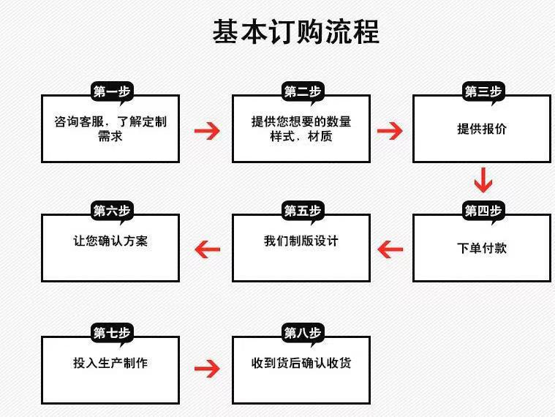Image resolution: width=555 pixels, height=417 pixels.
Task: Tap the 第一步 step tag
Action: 110,91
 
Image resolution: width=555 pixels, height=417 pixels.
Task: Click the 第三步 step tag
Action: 483,91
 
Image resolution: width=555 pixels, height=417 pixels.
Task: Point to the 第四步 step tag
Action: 483,211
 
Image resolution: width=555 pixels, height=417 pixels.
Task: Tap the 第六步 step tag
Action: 110,211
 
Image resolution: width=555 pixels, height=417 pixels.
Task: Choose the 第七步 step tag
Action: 110,333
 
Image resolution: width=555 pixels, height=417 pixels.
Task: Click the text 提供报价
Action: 482,129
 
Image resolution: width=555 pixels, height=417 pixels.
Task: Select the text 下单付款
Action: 482,248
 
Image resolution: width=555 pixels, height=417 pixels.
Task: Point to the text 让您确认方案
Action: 110,241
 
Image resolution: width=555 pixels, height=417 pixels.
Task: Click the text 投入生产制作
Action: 110,363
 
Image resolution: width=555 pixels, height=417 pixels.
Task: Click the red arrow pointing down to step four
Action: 483,179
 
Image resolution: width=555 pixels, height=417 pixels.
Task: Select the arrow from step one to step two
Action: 207,131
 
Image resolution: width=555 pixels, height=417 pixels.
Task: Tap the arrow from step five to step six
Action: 207,249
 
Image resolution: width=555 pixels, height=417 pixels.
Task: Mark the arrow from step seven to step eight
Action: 207,368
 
